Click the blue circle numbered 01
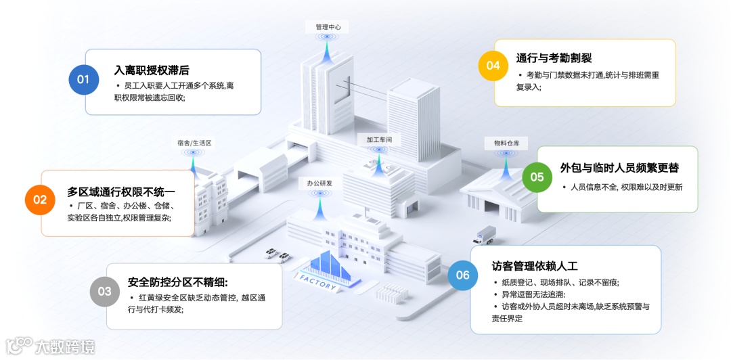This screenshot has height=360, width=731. pyautogui.click(x=83, y=80)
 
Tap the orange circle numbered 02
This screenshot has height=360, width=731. pyautogui.click(x=40, y=200)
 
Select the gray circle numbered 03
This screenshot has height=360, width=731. pyautogui.click(x=105, y=292)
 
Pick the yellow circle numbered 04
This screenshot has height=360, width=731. pyautogui.click(x=493, y=66)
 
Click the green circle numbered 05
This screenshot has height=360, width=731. pyautogui.click(x=537, y=177)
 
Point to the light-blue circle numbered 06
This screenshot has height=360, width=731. pyautogui.click(x=463, y=275)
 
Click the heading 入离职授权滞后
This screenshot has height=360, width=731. pyautogui.click(x=152, y=70)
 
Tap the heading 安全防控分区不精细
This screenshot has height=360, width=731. pyautogui.click(x=178, y=282)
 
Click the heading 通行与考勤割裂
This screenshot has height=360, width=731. pyautogui.click(x=554, y=58)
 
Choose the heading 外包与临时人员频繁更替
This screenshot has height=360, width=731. pyautogui.click(x=619, y=168)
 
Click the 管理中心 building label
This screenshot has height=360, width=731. pyautogui.click(x=328, y=27)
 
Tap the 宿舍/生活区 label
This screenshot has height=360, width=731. pyautogui.click(x=194, y=143)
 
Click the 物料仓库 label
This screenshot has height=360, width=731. pyautogui.click(x=502, y=143)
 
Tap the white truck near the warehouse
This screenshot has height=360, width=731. pyautogui.click(x=485, y=234)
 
